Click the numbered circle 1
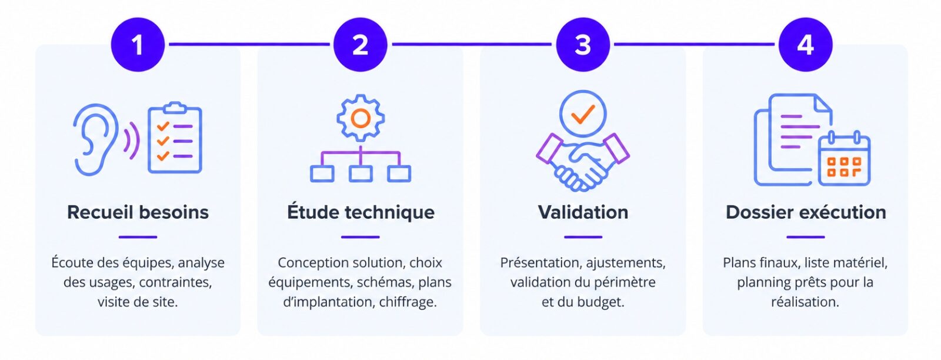point(138,45)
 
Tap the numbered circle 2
point(360,45)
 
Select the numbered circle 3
point(583,45)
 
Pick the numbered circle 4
point(805,45)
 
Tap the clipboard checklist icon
point(175,138)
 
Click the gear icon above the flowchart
point(361,118)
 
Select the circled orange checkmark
point(583,114)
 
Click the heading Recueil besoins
point(138,212)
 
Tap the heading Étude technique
point(361,211)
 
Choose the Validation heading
point(583,212)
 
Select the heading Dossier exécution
point(806,212)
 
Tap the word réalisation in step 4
point(805,302)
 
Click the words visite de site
point(138,302)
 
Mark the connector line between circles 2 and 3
point(472,44)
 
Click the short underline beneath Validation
point(583,237)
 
